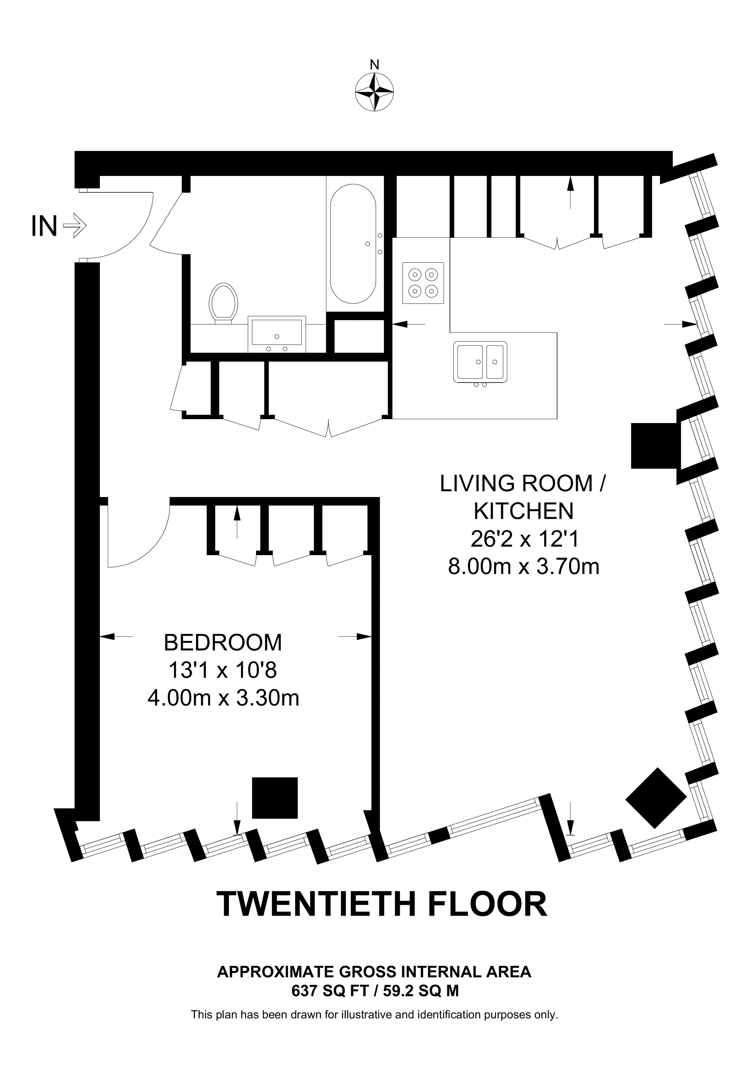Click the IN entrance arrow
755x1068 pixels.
point(74,226)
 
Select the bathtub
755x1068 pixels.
point(353,244)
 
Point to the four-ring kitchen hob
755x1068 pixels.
point(423,283)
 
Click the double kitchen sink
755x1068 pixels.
point(480,362)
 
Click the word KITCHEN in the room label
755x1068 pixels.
point(523,511)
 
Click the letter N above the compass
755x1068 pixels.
point(374,64)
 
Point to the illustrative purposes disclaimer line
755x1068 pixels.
point(374,1014)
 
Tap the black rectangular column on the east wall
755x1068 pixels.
point(653,446)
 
